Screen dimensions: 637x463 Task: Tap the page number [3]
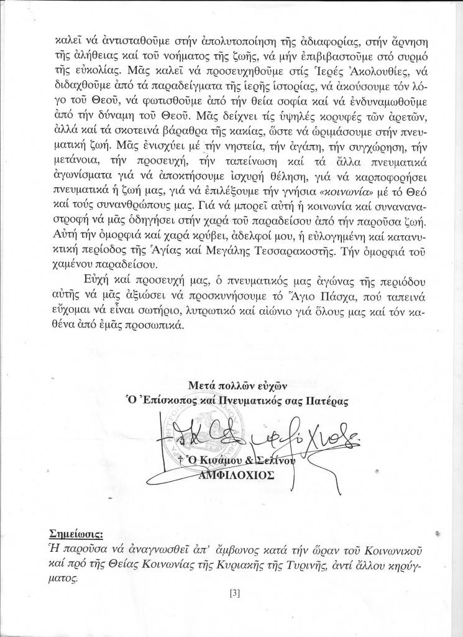click(234, 593)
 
